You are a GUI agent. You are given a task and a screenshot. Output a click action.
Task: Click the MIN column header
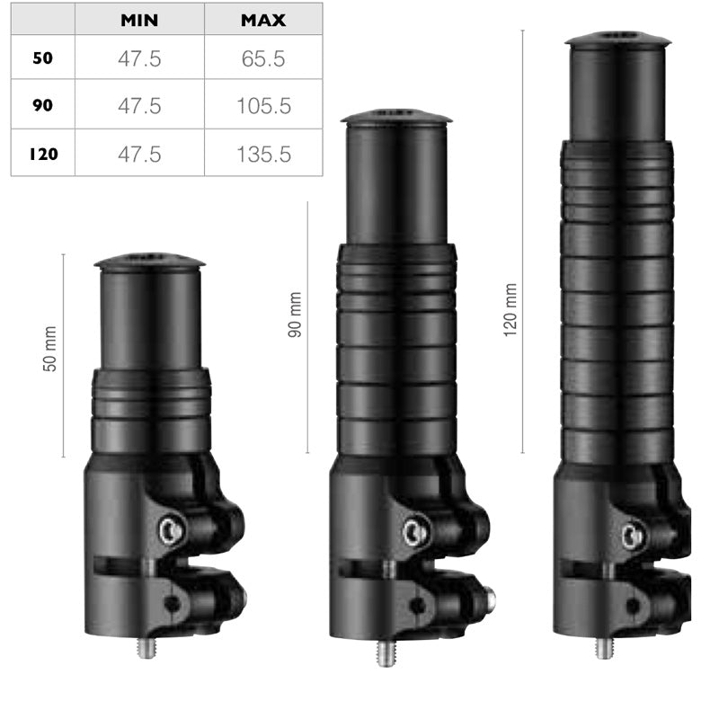[139, 20]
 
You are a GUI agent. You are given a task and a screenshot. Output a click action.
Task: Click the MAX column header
[263, 20]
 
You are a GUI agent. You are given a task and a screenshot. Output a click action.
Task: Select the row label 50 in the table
[42, 58]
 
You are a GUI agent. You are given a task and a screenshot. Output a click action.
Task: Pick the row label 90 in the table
[42, 105]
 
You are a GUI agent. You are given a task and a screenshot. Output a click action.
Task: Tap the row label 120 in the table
[43, 154]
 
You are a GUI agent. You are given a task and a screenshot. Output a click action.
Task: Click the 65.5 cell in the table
[263, 58]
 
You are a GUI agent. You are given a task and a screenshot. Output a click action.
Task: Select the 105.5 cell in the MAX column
[263, 106]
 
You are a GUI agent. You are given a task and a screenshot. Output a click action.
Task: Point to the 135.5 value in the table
[263, 154]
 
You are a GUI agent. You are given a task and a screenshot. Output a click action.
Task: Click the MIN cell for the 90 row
[139, 106]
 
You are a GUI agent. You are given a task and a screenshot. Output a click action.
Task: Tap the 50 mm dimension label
[49, 349]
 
